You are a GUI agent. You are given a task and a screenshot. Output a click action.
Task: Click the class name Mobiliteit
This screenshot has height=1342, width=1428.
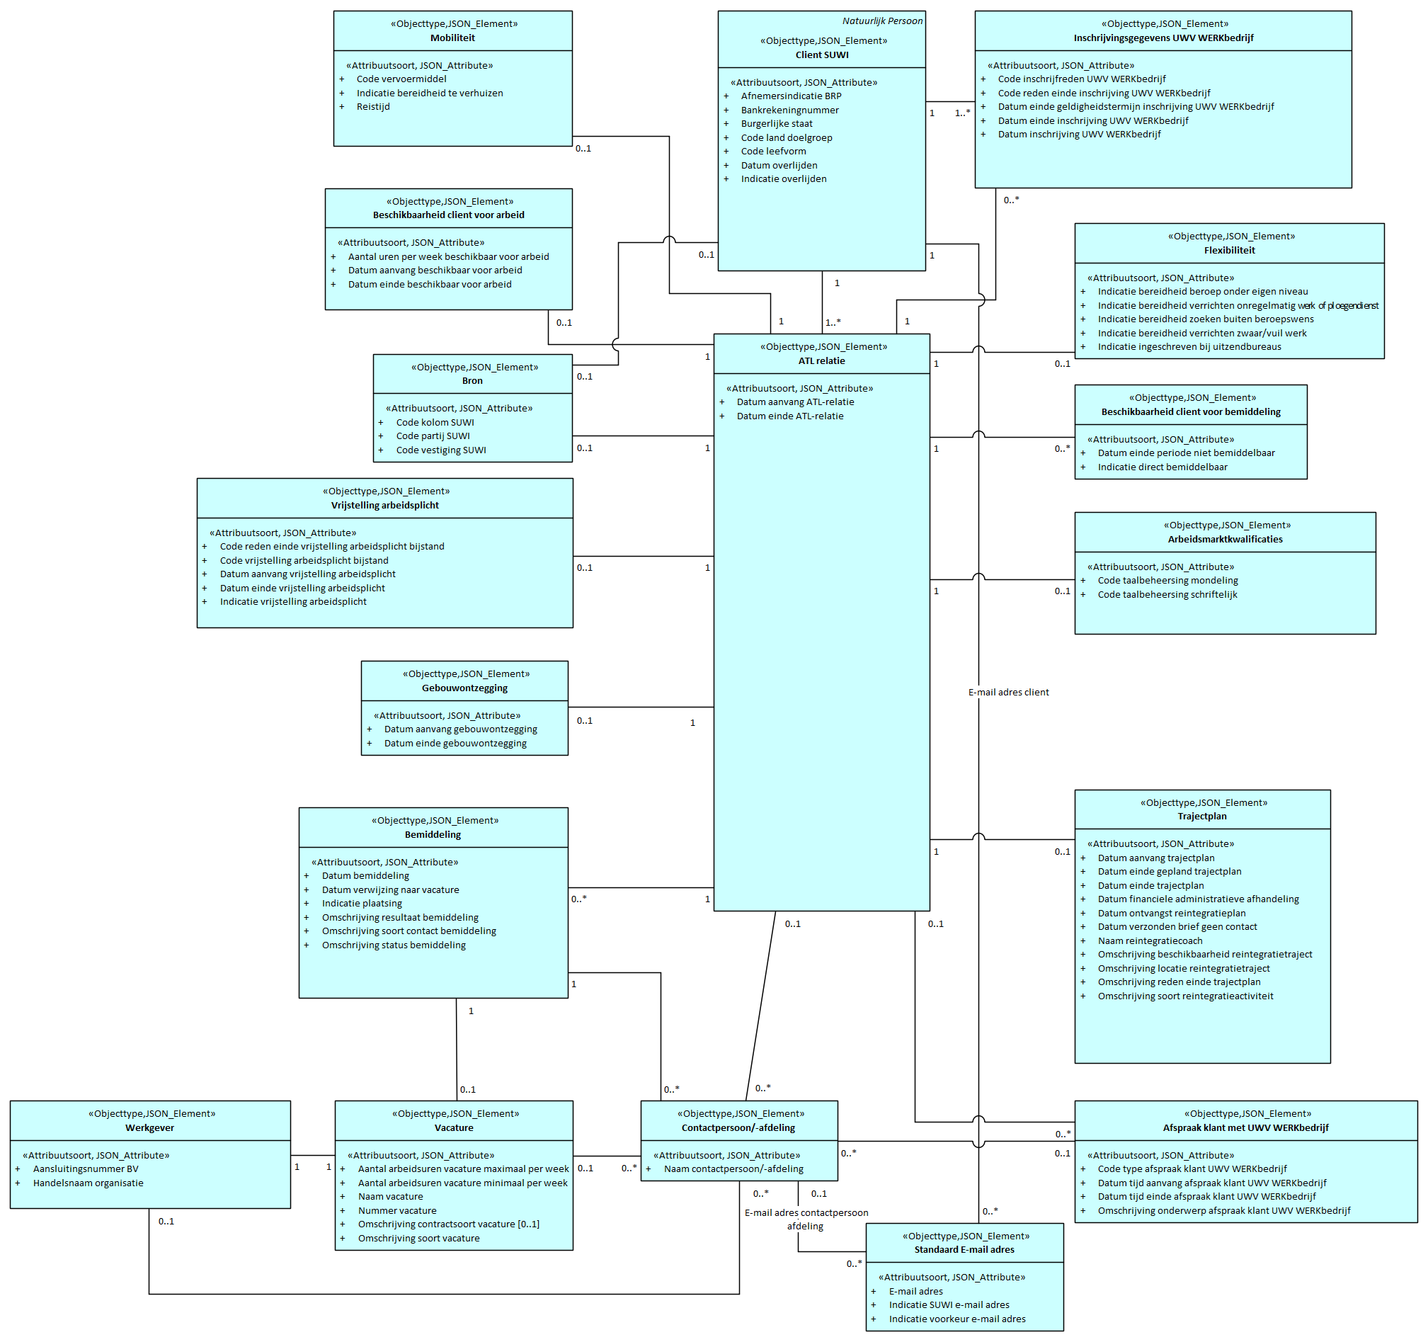[452, 38]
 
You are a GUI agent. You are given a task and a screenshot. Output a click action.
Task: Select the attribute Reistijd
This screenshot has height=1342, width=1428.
[373, 107]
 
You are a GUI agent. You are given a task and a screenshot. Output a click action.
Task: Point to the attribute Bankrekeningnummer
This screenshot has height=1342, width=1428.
[789, 110]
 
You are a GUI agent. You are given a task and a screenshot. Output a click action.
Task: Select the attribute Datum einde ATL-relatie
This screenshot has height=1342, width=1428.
[789, 416]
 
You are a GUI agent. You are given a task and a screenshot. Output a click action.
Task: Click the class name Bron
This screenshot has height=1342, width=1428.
[472, 382]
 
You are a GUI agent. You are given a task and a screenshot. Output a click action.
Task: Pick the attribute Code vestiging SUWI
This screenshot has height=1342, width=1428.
[441, 450]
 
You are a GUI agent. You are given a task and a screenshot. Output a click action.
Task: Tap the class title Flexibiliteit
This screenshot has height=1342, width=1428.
[1229, 251]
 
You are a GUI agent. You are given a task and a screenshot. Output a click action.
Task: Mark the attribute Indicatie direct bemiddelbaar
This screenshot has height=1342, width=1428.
[1162, 467]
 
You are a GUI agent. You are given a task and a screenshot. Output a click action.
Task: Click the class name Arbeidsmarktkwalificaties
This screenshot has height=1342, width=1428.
[1224, 540]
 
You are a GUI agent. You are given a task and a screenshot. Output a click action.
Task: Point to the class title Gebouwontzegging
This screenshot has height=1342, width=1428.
[464, 688]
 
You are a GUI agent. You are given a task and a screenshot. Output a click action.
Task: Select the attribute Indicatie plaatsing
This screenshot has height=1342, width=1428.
[361, 904]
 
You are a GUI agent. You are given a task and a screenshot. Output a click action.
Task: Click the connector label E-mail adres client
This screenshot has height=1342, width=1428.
[1007, 693]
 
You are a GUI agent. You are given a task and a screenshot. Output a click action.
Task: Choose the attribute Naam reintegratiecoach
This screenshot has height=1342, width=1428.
[1149, 941]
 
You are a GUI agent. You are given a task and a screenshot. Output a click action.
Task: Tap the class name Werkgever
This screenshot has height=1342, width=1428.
[149, 1128]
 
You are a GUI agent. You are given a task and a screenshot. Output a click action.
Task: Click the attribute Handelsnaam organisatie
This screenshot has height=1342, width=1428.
[88, 1183]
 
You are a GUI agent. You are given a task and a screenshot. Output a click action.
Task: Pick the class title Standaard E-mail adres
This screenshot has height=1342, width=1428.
[964, 1250]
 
